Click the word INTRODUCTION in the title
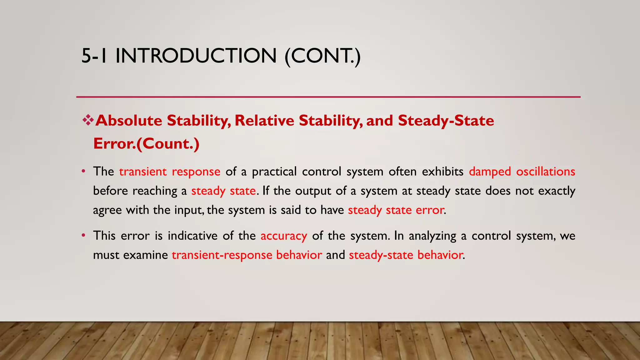196,56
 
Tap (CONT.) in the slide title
322,56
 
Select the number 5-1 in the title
94,56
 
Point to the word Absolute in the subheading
129,121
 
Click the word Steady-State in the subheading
446,121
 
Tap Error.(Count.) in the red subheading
146,144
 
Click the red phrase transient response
170,172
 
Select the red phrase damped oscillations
522,172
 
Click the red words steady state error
396,210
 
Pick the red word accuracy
284,236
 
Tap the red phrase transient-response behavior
247,255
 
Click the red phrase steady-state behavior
406,255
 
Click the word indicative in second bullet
192,236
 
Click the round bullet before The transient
83,172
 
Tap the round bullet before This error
83,235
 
